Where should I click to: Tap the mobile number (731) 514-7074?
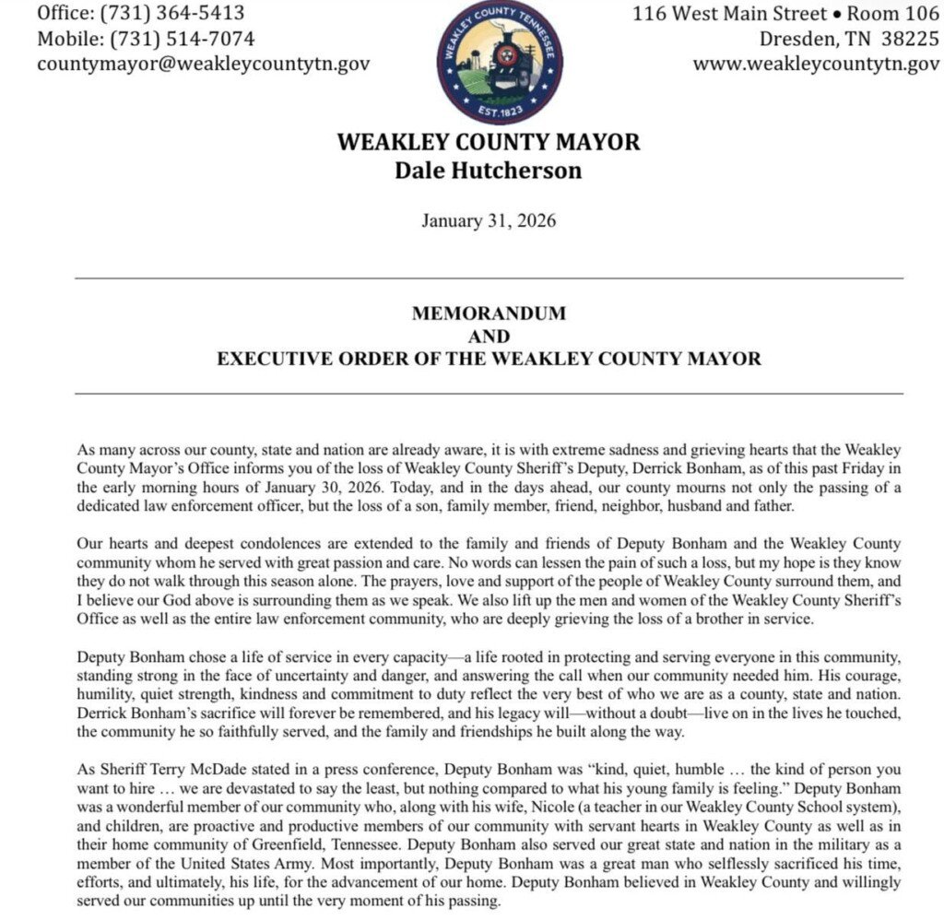(183, 39)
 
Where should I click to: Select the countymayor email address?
(204, 65)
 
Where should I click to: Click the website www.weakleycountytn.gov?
(816, 65)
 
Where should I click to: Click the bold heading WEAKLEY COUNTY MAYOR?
(489, 143)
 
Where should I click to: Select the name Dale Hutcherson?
(489, 171)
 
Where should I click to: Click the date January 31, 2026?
(489, 220)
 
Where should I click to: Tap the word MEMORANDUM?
(489, 313)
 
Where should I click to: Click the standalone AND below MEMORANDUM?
(489, 336)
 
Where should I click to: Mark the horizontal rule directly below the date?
(489, 277)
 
